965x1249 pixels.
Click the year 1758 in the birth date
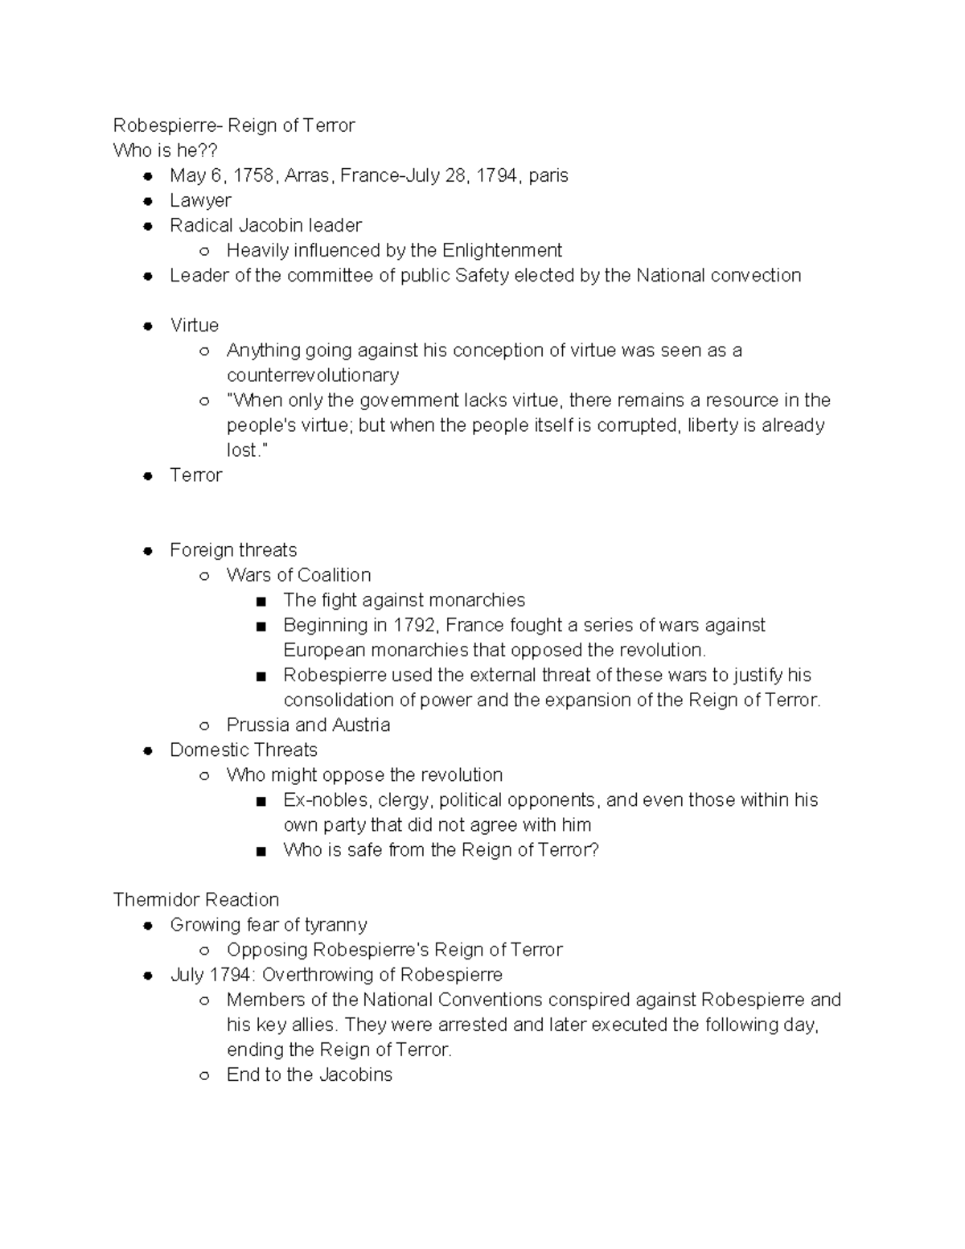253,175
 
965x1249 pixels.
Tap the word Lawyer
200,200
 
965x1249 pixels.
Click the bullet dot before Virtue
148,326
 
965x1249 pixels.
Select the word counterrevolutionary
313,376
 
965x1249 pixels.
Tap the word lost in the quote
242,450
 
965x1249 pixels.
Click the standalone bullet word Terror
195,475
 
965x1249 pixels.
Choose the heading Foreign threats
233,550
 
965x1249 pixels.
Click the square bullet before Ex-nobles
261,801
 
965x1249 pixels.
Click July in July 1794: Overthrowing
187,975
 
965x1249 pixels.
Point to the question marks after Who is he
209,150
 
